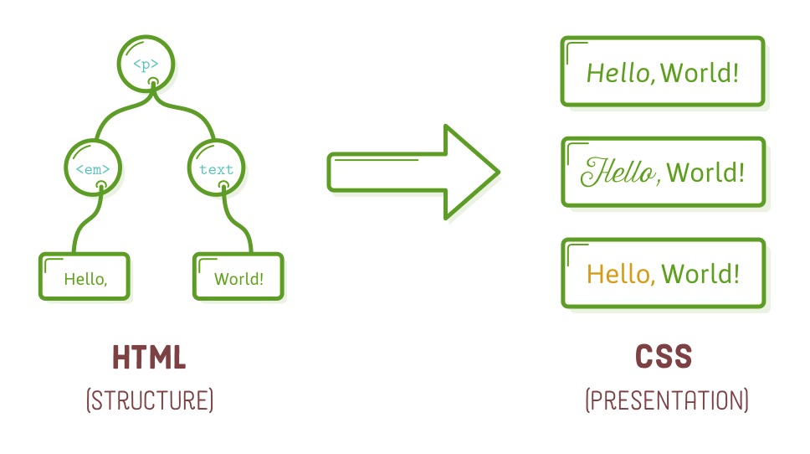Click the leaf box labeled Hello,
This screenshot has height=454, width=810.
(85, 277)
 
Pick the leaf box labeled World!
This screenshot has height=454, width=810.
(238, 278)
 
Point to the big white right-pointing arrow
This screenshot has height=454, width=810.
(414, 173)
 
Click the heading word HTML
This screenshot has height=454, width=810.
(149, 359)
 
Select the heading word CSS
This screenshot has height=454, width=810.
(664, 358)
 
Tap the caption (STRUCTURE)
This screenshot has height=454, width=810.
(150, 400)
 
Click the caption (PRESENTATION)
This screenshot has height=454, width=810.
(666, 400)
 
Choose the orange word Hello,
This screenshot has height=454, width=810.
(620, 274)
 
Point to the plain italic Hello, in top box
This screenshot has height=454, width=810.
(619, 73)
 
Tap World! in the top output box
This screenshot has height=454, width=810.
(700, 73)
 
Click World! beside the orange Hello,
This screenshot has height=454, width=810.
(700, 274)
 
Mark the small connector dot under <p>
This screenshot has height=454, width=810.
(153, 82)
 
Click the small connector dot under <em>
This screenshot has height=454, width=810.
(100, 185)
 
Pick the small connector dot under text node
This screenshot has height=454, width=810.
(223, 185)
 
